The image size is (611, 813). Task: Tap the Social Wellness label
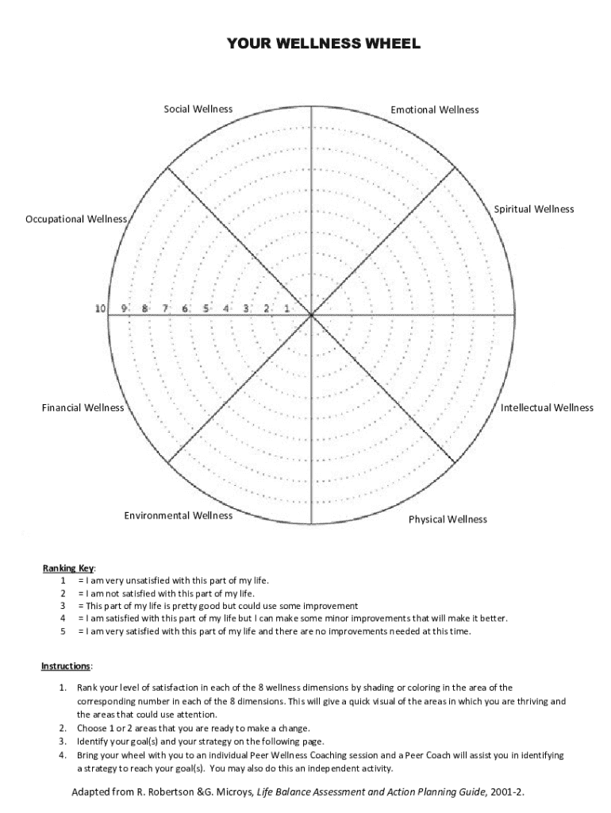[198, 109]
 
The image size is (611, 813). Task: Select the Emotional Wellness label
[435, 110]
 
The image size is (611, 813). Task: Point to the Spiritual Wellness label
[534, 209]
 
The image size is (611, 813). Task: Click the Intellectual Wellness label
[547, 407]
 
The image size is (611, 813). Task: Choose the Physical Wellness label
[448, 519]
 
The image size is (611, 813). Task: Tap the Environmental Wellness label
[179, 515]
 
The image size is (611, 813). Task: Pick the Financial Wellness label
[83, 407]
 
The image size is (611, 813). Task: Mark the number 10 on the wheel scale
[101, 308]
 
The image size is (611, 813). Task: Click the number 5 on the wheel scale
[206, 308]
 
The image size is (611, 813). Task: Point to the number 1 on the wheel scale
[286, 308]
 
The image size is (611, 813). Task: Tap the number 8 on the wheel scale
[144, 308]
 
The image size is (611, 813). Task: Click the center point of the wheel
[312, 315]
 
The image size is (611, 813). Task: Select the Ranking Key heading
[68, 568]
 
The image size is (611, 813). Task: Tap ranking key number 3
[63, 605]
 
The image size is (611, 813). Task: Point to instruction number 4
[62, 755]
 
